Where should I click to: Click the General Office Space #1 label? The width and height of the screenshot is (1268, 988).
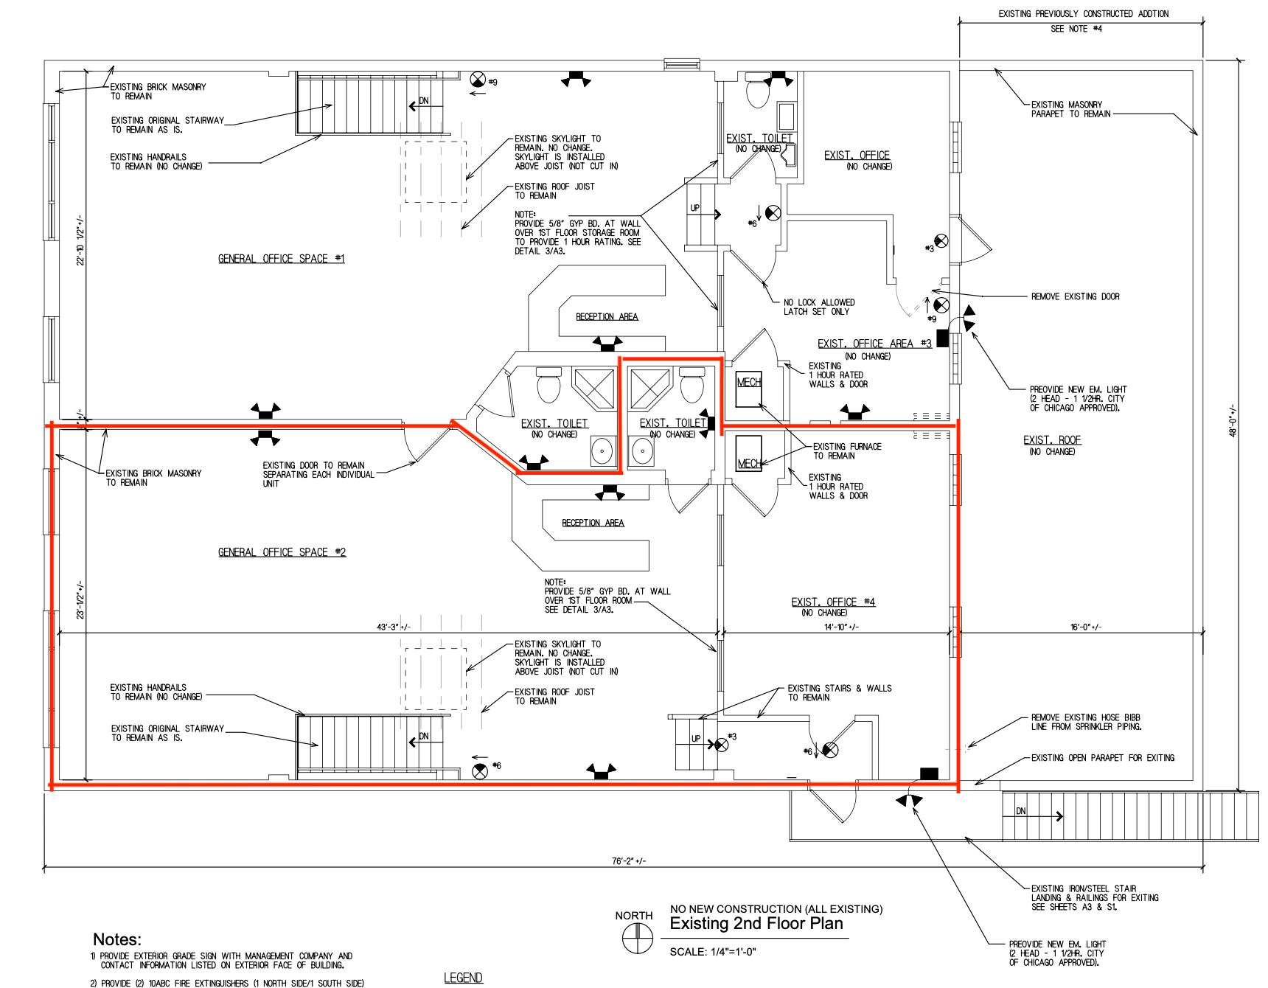281,259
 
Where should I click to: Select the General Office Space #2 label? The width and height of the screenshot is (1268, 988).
282,552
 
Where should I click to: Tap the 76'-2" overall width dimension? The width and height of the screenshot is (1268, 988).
629,861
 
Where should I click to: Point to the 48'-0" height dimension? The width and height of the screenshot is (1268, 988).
1233,420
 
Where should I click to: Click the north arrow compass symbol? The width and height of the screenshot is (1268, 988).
638,939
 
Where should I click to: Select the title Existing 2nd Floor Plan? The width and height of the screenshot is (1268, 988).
756,924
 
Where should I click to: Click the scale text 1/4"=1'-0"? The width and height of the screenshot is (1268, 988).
713,952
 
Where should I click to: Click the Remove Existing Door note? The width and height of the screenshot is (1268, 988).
1075,296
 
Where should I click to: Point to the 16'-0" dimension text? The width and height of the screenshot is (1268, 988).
1086,627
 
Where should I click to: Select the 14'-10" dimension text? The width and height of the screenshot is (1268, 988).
841,627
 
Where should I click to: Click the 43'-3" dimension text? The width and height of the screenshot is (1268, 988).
394,627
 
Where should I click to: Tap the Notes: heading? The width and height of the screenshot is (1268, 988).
117,939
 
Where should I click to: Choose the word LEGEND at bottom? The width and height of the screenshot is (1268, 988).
463,978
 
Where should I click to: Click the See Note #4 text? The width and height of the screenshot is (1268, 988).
1076,29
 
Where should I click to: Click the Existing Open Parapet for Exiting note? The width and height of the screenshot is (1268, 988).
1103,758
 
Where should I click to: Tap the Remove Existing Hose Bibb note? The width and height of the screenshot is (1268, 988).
1086,722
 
